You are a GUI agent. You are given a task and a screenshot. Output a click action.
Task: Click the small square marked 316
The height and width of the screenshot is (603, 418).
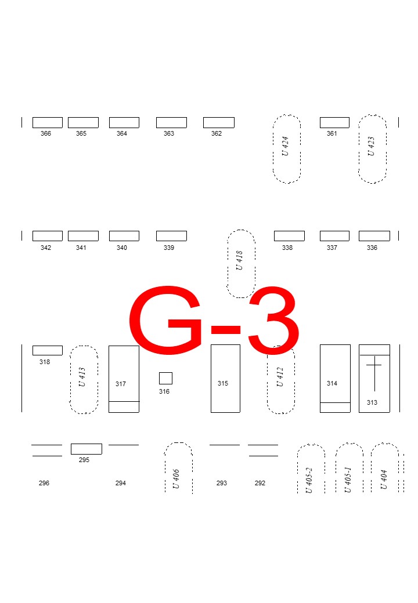point(165,378)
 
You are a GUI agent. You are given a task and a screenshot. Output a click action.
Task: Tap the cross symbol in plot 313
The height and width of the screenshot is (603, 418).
point(374,371)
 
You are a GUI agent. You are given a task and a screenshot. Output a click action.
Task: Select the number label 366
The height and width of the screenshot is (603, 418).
point(46,134)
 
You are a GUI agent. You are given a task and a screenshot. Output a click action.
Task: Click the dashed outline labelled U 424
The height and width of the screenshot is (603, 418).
point(287,149)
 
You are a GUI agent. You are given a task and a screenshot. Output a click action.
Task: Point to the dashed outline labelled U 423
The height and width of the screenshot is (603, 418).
point(372,149)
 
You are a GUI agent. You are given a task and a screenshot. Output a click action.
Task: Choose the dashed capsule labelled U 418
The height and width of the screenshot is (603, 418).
point(241,264)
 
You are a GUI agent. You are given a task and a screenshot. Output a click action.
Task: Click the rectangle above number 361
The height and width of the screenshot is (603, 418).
point(334,122)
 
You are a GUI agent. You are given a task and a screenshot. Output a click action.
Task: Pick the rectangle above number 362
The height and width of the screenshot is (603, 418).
point(218,122)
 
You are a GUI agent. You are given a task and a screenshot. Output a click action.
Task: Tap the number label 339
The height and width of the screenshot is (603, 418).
point(169,248)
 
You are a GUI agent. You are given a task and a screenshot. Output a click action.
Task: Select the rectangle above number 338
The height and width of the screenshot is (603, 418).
point(289,236)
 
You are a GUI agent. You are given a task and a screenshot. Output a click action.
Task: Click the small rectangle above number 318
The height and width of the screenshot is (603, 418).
point(47,350)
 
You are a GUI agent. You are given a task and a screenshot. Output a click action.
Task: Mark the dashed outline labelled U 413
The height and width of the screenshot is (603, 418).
point(84,380)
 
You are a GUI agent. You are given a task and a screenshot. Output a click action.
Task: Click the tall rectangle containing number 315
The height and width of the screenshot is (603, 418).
point(225,378)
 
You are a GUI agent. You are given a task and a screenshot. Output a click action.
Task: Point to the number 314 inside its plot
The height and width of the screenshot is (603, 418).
point(332,384)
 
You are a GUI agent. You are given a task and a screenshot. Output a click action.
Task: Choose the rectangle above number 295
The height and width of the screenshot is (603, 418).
point(86,449)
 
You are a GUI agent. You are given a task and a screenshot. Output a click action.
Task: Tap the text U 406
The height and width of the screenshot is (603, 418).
point(176,479)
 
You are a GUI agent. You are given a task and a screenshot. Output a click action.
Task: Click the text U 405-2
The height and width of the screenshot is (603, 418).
point(309,481)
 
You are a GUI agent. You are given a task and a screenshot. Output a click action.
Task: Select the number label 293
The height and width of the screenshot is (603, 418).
point(222,484)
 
